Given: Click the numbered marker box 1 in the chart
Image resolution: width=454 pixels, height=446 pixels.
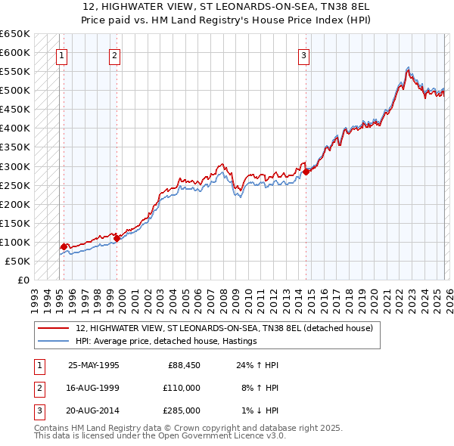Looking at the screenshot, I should click(x=61, y=54).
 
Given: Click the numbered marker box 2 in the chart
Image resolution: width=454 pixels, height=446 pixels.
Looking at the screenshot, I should click(x=114, y=54).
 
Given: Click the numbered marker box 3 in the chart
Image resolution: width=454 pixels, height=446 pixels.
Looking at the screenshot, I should click(x=303, y=54).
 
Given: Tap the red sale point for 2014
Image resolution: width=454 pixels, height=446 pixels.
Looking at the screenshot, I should click(x=306, y=172).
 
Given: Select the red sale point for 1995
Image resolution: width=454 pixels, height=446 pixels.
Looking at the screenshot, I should click(x=64, y=246).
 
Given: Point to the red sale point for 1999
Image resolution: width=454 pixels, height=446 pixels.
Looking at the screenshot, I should click(x=117, y=238).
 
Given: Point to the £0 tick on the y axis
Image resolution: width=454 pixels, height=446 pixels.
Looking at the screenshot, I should click(x=23, y=280).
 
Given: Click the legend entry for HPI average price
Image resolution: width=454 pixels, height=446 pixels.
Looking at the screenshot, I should click(x=166, y=341).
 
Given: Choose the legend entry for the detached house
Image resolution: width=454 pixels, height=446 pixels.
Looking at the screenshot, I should click(x=224, y=328).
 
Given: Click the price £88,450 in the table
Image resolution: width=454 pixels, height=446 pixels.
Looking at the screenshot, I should click(x=184, y=364).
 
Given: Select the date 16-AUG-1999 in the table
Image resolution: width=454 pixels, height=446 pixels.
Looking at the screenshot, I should click(x=93, y=388).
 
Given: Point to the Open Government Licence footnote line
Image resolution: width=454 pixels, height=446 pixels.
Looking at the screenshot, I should click(x=160, y=436).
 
